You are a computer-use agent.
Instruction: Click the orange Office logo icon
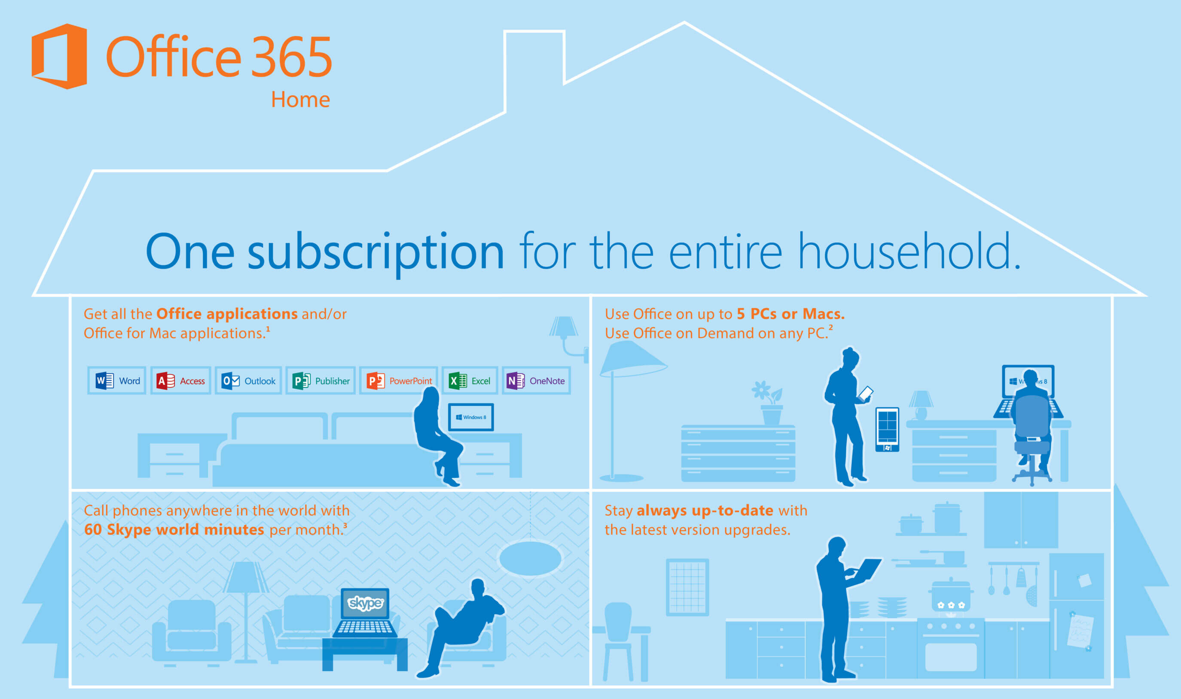coord(59,56)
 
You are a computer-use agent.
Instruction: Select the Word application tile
coord(117,380)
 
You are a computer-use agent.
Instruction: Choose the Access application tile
coord(180,380)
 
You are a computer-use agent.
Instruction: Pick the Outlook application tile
coord(248,380)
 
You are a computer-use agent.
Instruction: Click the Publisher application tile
coord(320,380)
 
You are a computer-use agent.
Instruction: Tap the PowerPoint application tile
coord(399,380)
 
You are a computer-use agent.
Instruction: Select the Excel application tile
coord(470,380)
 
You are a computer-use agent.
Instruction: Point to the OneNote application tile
coord(536,380)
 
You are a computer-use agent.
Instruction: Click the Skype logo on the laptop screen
coord(365,603)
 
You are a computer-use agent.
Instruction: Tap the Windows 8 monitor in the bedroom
coord(471,417)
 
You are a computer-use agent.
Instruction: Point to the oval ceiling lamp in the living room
coord(530,558)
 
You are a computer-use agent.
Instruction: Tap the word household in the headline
coord(909,251)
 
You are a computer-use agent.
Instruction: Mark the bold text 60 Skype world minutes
coord(174,530)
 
